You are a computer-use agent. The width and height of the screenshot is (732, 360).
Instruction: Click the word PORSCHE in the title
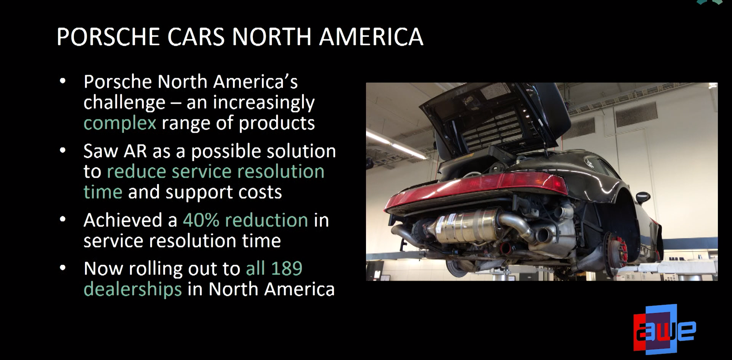108,37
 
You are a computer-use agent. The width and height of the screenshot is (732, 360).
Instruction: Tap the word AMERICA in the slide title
371,37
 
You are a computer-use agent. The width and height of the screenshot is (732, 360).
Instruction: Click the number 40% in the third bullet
201,220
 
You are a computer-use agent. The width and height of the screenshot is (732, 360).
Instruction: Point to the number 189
287,268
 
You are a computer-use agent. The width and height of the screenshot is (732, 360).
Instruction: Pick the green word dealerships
133,289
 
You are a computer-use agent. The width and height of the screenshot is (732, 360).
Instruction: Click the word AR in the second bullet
135,151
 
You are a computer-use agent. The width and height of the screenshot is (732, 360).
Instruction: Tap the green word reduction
266,220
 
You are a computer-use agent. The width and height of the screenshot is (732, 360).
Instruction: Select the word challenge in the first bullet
124,103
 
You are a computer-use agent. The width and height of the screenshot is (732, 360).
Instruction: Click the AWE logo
664,329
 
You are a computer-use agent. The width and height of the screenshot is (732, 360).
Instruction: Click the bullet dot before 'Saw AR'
63,150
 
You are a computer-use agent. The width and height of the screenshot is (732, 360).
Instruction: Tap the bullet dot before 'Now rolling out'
63,268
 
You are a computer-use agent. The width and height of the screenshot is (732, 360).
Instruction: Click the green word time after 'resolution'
103,192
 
